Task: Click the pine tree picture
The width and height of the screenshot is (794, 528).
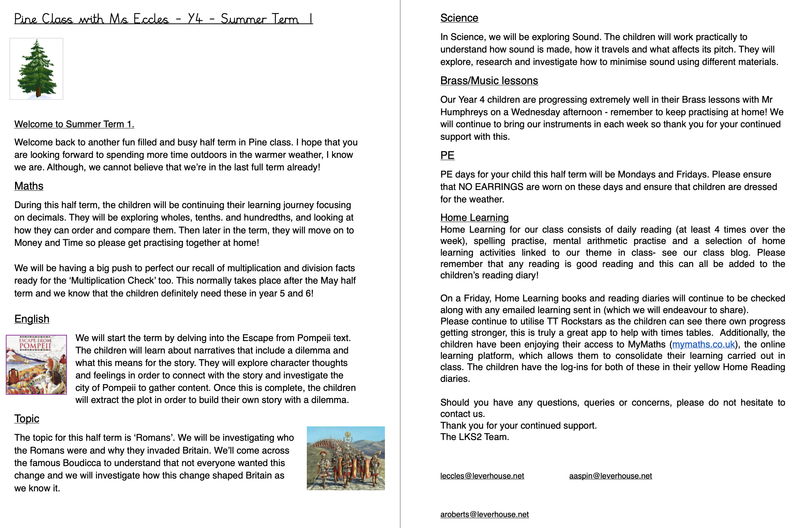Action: tap(36, 69)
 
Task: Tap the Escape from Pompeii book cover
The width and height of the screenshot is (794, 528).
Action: tap(36, 364)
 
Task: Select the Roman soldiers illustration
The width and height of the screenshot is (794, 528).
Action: tap(346, 458)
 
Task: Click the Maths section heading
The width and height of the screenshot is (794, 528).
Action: tap(29, 186)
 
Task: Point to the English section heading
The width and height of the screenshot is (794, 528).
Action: tap(32, 319)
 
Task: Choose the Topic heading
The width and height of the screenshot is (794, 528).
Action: tap(27, 419)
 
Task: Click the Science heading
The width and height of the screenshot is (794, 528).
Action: tap(459, 18)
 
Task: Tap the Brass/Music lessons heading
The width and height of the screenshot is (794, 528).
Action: tap(489, 81)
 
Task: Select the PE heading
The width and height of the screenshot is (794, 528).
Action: tap(447, 156)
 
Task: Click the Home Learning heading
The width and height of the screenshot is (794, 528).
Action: tap(474, 218)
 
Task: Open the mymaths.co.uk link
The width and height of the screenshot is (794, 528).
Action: tap(703, 344)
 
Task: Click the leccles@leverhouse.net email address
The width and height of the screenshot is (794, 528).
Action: tap(482, 476)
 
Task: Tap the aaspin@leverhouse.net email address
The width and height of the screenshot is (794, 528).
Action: tap(610, 476)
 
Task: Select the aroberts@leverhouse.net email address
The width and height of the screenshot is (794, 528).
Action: tap(484, 515)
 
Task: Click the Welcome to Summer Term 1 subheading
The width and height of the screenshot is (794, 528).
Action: tap(74, 124)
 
